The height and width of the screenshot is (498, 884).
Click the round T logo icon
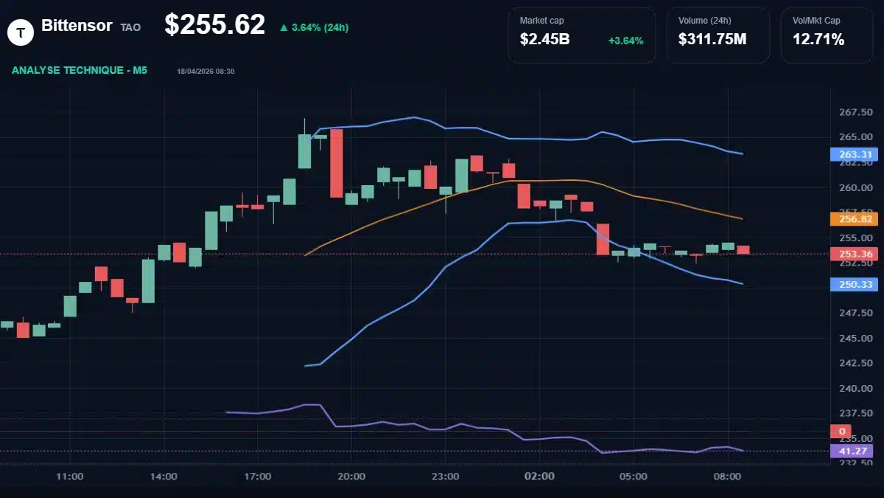click(x=21, y=31)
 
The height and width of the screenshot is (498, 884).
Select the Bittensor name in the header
click(x=77, y=26)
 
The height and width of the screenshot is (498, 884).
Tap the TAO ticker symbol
click(x=130, y=27)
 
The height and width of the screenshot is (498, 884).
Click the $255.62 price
click(x=214, y=25)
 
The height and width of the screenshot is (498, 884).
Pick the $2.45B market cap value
click(x=544, y=39)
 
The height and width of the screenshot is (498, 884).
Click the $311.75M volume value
click(x=712, y=39)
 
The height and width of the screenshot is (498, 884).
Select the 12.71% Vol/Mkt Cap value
click(x=818, y=39)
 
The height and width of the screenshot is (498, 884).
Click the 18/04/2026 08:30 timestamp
click(x=206, y=71)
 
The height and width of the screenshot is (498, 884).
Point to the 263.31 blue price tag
click(x=851, y=154)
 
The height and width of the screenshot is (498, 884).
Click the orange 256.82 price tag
click(x=851, y=219)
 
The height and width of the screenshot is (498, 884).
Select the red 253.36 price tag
click(x=851, y=255)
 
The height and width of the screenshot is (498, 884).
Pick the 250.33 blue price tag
click(x=851, y=284)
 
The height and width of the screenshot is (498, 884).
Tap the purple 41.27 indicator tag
click(x=851, y=451)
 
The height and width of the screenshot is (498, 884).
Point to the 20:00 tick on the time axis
click(x=351, y=477)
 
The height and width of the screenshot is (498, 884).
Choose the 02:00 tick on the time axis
click(x=539, y=477)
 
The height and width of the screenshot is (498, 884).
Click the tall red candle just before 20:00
click(x=336, y=163)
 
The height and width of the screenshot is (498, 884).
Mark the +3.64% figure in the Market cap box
click(x=625, y=40)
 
